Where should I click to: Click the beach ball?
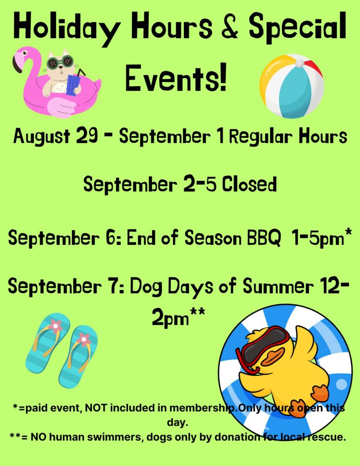[291, 86]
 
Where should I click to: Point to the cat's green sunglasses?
[60, 62]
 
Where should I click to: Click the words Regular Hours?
[288, 137]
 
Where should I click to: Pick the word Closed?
[249, 184]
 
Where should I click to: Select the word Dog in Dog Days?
[146, 287]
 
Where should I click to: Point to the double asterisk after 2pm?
[198, 312]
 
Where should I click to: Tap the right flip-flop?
[78, 357]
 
